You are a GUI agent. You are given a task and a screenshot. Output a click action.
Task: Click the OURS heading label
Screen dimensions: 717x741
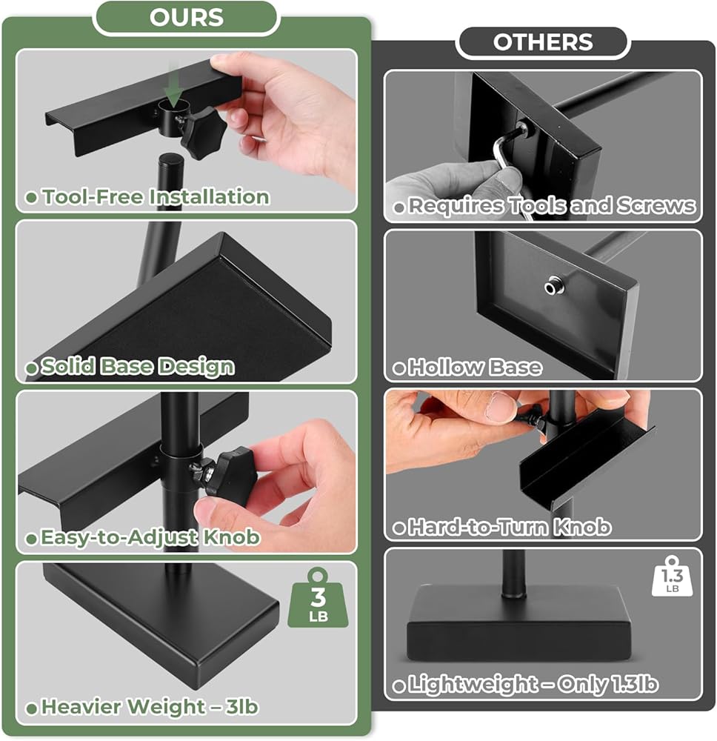coord(187,18)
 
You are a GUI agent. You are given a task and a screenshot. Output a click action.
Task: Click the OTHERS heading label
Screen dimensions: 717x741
coord(543,42)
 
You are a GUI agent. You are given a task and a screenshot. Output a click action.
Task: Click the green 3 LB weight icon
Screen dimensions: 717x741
coord(318,598)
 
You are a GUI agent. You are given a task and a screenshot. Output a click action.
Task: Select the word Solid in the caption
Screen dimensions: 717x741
coord(68,366)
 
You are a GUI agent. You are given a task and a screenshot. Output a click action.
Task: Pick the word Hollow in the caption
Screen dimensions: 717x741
coord(441,368)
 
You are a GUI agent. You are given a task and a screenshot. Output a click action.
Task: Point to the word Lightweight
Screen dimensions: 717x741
coord(473,684)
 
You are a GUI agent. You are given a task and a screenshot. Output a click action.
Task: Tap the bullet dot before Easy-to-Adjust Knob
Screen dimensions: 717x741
coord(31,539)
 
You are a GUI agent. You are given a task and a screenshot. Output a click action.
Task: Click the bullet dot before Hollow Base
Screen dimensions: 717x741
coord(398,368)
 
